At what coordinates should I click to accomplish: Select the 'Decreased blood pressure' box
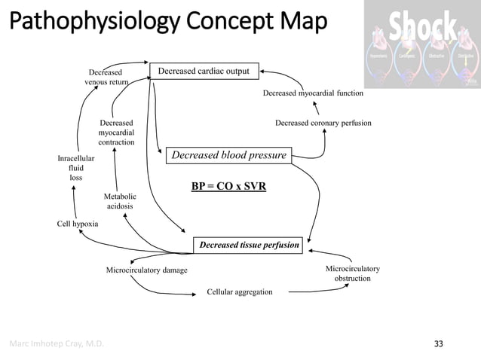tap(229, 155)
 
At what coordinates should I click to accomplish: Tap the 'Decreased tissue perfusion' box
tap(249, 245)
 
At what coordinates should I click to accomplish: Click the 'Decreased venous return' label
tap(106, 77)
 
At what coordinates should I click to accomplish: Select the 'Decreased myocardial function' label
tap(313, 94)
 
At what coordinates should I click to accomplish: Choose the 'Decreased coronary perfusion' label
tap(323, 122)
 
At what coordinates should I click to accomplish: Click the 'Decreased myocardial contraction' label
tap(116, 132)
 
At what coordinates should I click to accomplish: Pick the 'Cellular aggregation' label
tap(240, 291)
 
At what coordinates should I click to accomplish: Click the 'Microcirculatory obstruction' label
tap(352, 273)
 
